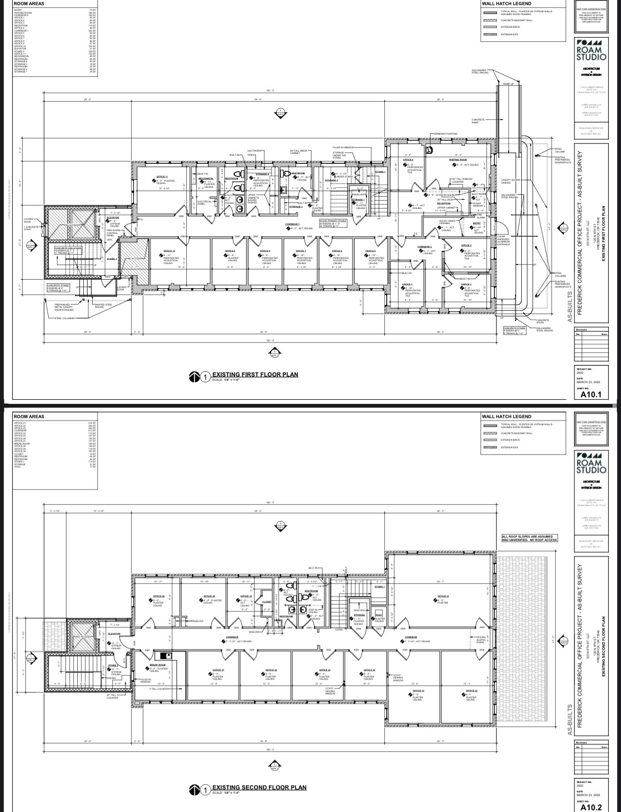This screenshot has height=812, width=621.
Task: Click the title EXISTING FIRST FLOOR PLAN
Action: click(255, 375)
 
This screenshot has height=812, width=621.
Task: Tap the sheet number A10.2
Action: click(591, 807)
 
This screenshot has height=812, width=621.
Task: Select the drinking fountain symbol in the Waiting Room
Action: click(430, 150)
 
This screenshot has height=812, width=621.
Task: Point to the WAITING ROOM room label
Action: click(458, 160)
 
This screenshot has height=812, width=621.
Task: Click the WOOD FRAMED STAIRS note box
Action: click(333, 223)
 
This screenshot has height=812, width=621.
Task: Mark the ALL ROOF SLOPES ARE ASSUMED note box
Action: click(530, 538)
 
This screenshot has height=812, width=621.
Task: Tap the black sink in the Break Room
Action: click(165, 655)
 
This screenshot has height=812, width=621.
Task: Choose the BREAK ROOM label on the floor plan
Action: click(158, 665)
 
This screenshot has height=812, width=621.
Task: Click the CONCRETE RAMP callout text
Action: click(478, 121)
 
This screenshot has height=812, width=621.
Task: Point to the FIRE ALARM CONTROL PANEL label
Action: click(112, 233)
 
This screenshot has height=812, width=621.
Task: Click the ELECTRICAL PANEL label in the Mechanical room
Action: click(204, 202)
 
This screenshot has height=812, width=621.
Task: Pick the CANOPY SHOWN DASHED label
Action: click(510, 181)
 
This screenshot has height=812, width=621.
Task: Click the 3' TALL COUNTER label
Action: click(159, 689)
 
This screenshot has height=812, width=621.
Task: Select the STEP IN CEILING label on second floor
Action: click(313, 611)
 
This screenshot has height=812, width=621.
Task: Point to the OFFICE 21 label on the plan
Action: click(442, 596)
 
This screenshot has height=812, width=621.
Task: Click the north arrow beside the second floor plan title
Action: click(194, 789)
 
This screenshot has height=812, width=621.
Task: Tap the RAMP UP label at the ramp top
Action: click(509, 84)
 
